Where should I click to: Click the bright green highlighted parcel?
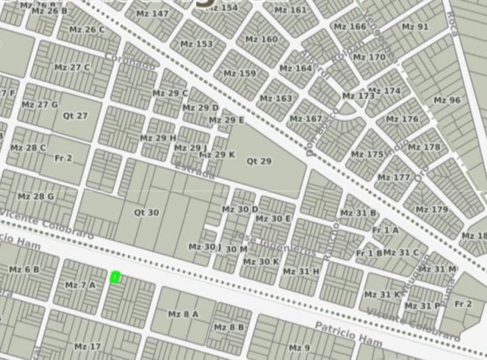[x=116, y=277]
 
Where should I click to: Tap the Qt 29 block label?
[x=258, y=161]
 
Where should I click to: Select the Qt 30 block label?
[x=146, y=212]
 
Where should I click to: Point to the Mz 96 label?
[x=446, y=100]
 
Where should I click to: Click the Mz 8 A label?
[x=183, y=314]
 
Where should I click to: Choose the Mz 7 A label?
[x=80, y=285]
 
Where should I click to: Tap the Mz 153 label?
[x=196, y=44]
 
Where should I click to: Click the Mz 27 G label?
[x=39, y=105]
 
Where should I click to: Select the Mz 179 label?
[x=432, y=209]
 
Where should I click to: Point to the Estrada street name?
[x=194, y=171]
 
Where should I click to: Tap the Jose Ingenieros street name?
[x=274, y=244]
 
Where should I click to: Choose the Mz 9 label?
[x=299, y=348]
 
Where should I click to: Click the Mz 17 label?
[x=87, y=346]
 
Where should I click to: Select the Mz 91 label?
[x=415, y=27]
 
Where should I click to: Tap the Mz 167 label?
[x=305, y=119]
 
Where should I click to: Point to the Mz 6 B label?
[x=24, y=269]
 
